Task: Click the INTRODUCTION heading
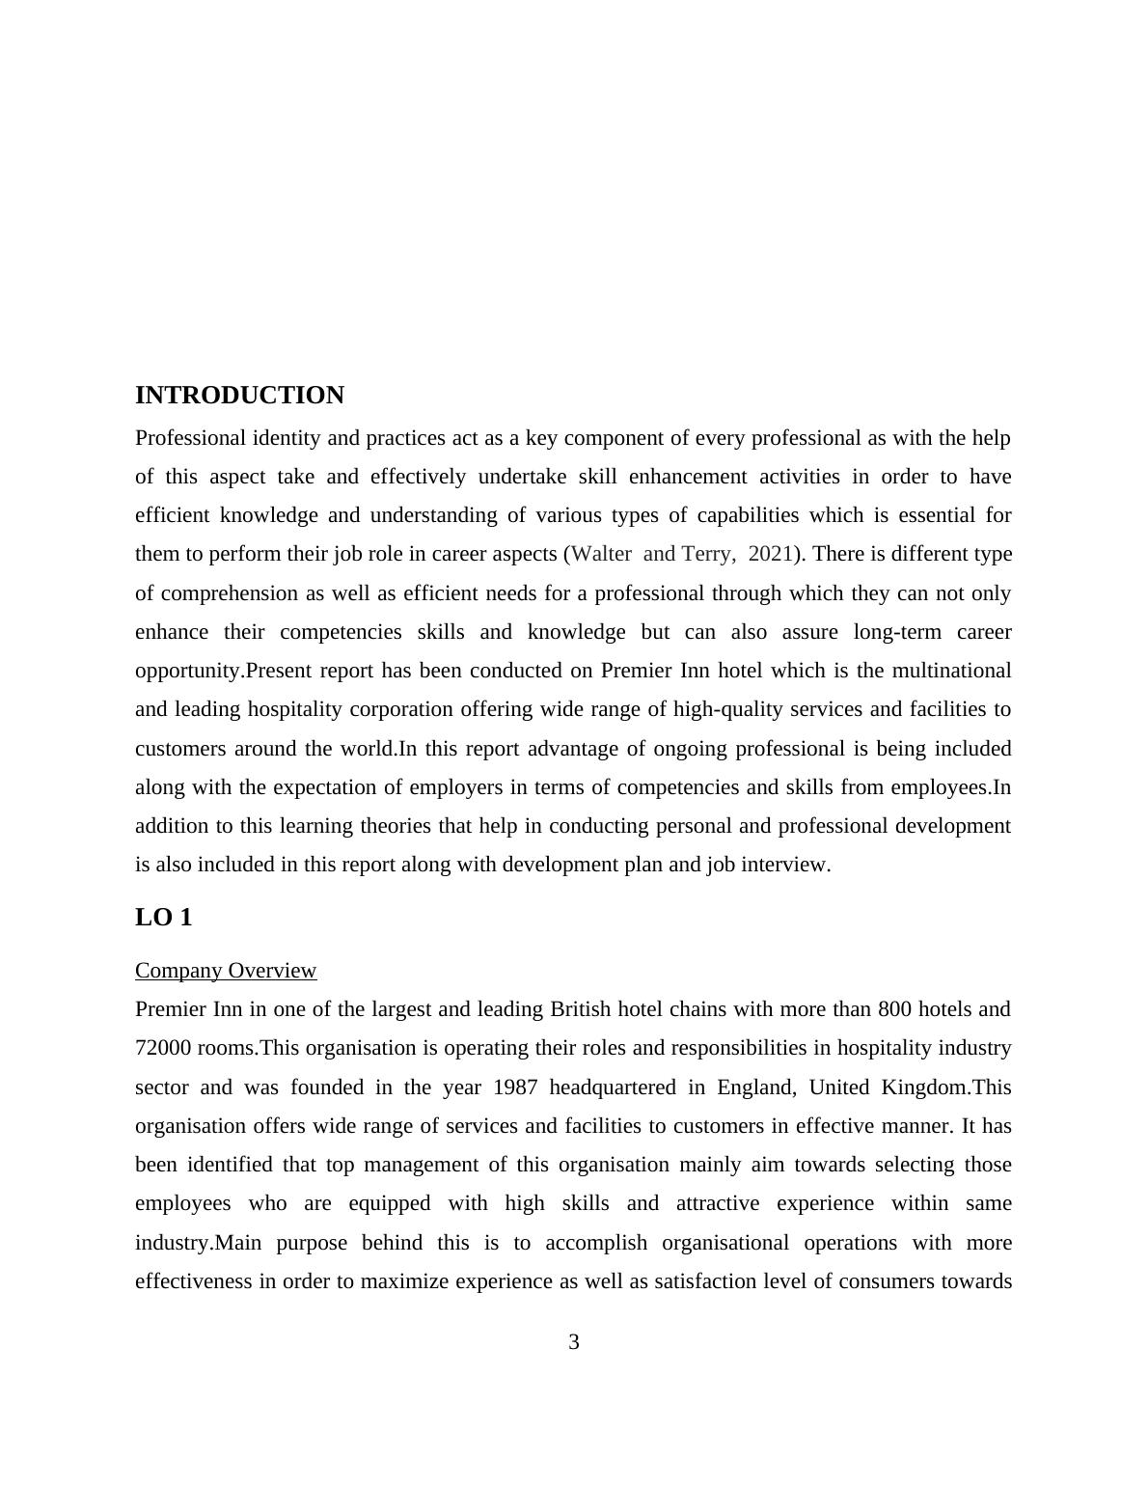pyautogui.click(x=239, y=396)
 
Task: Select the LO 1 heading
pyautogui.click(x=163, y=918)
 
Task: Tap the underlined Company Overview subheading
pyautogui.click(x=226, y=970)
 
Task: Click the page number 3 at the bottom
pyautogui.click(x=574, y=1342)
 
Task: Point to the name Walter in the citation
pyautogui.click(x=602, y=554)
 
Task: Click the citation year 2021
pyautogui.click(x=770, y=554)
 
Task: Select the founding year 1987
pyautogui.click(x=516, y=1087)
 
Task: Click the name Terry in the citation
pyautogui.click(x=710, y=554)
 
